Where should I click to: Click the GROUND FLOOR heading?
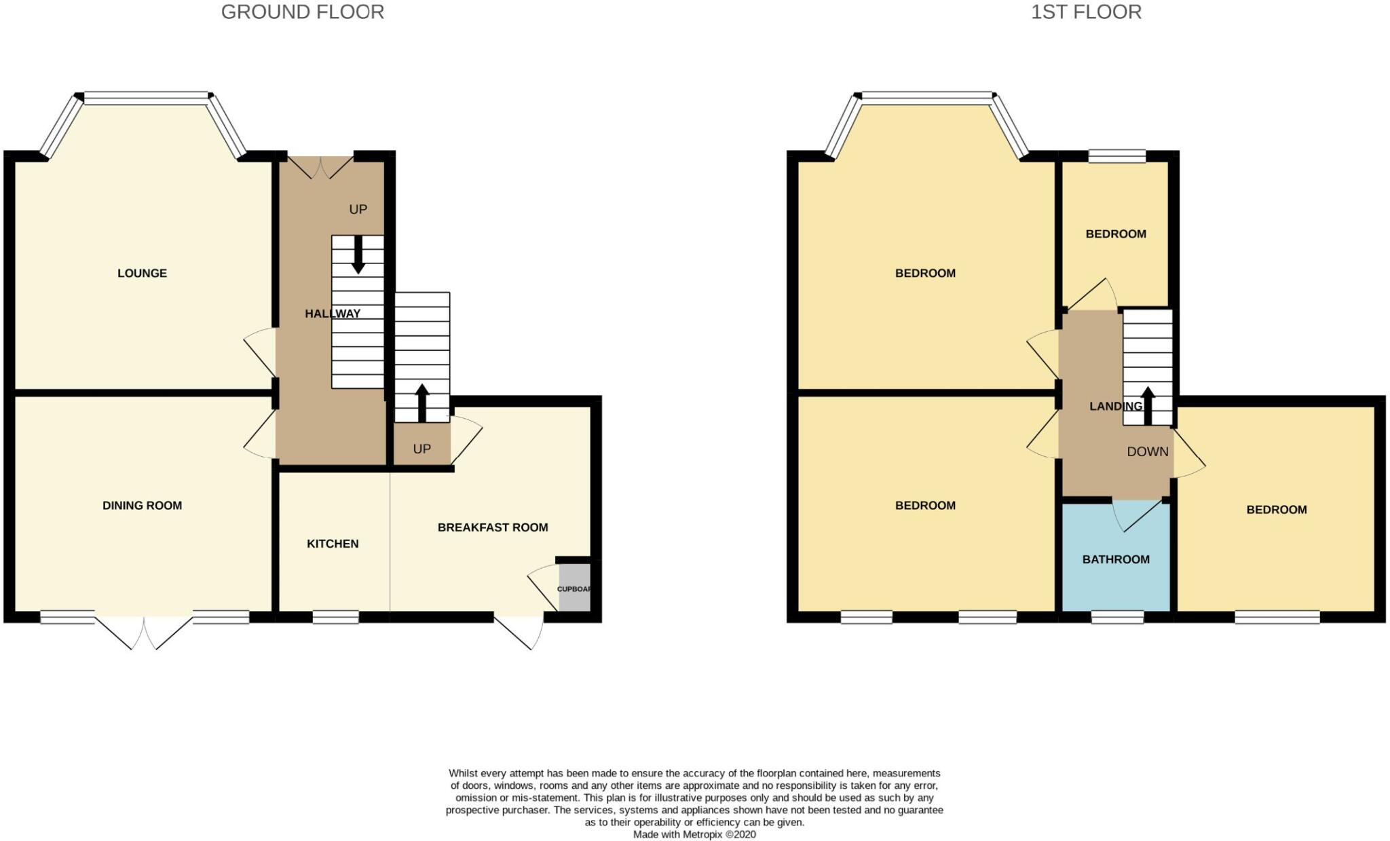[303, 12]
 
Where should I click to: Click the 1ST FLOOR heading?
[1086, 12]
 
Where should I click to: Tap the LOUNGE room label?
[142, 273]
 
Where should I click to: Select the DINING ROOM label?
[142, 505]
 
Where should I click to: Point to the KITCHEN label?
[333, 544]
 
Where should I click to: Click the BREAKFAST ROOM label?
[493, 527]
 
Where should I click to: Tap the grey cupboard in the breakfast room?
[574, 588]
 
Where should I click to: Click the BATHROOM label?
[1115, 559]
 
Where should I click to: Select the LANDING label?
[1115, 407]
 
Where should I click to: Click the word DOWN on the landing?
[1147, 451]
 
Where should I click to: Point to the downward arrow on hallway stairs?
[358, 255]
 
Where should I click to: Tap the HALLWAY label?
[333, 314]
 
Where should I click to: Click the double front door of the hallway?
[320, 166]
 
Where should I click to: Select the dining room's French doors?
[144, 631]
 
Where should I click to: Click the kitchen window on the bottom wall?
[335, 617]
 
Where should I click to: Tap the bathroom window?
[1117, 617]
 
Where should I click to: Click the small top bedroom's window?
[1116, 156]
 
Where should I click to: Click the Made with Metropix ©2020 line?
[694, 834]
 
